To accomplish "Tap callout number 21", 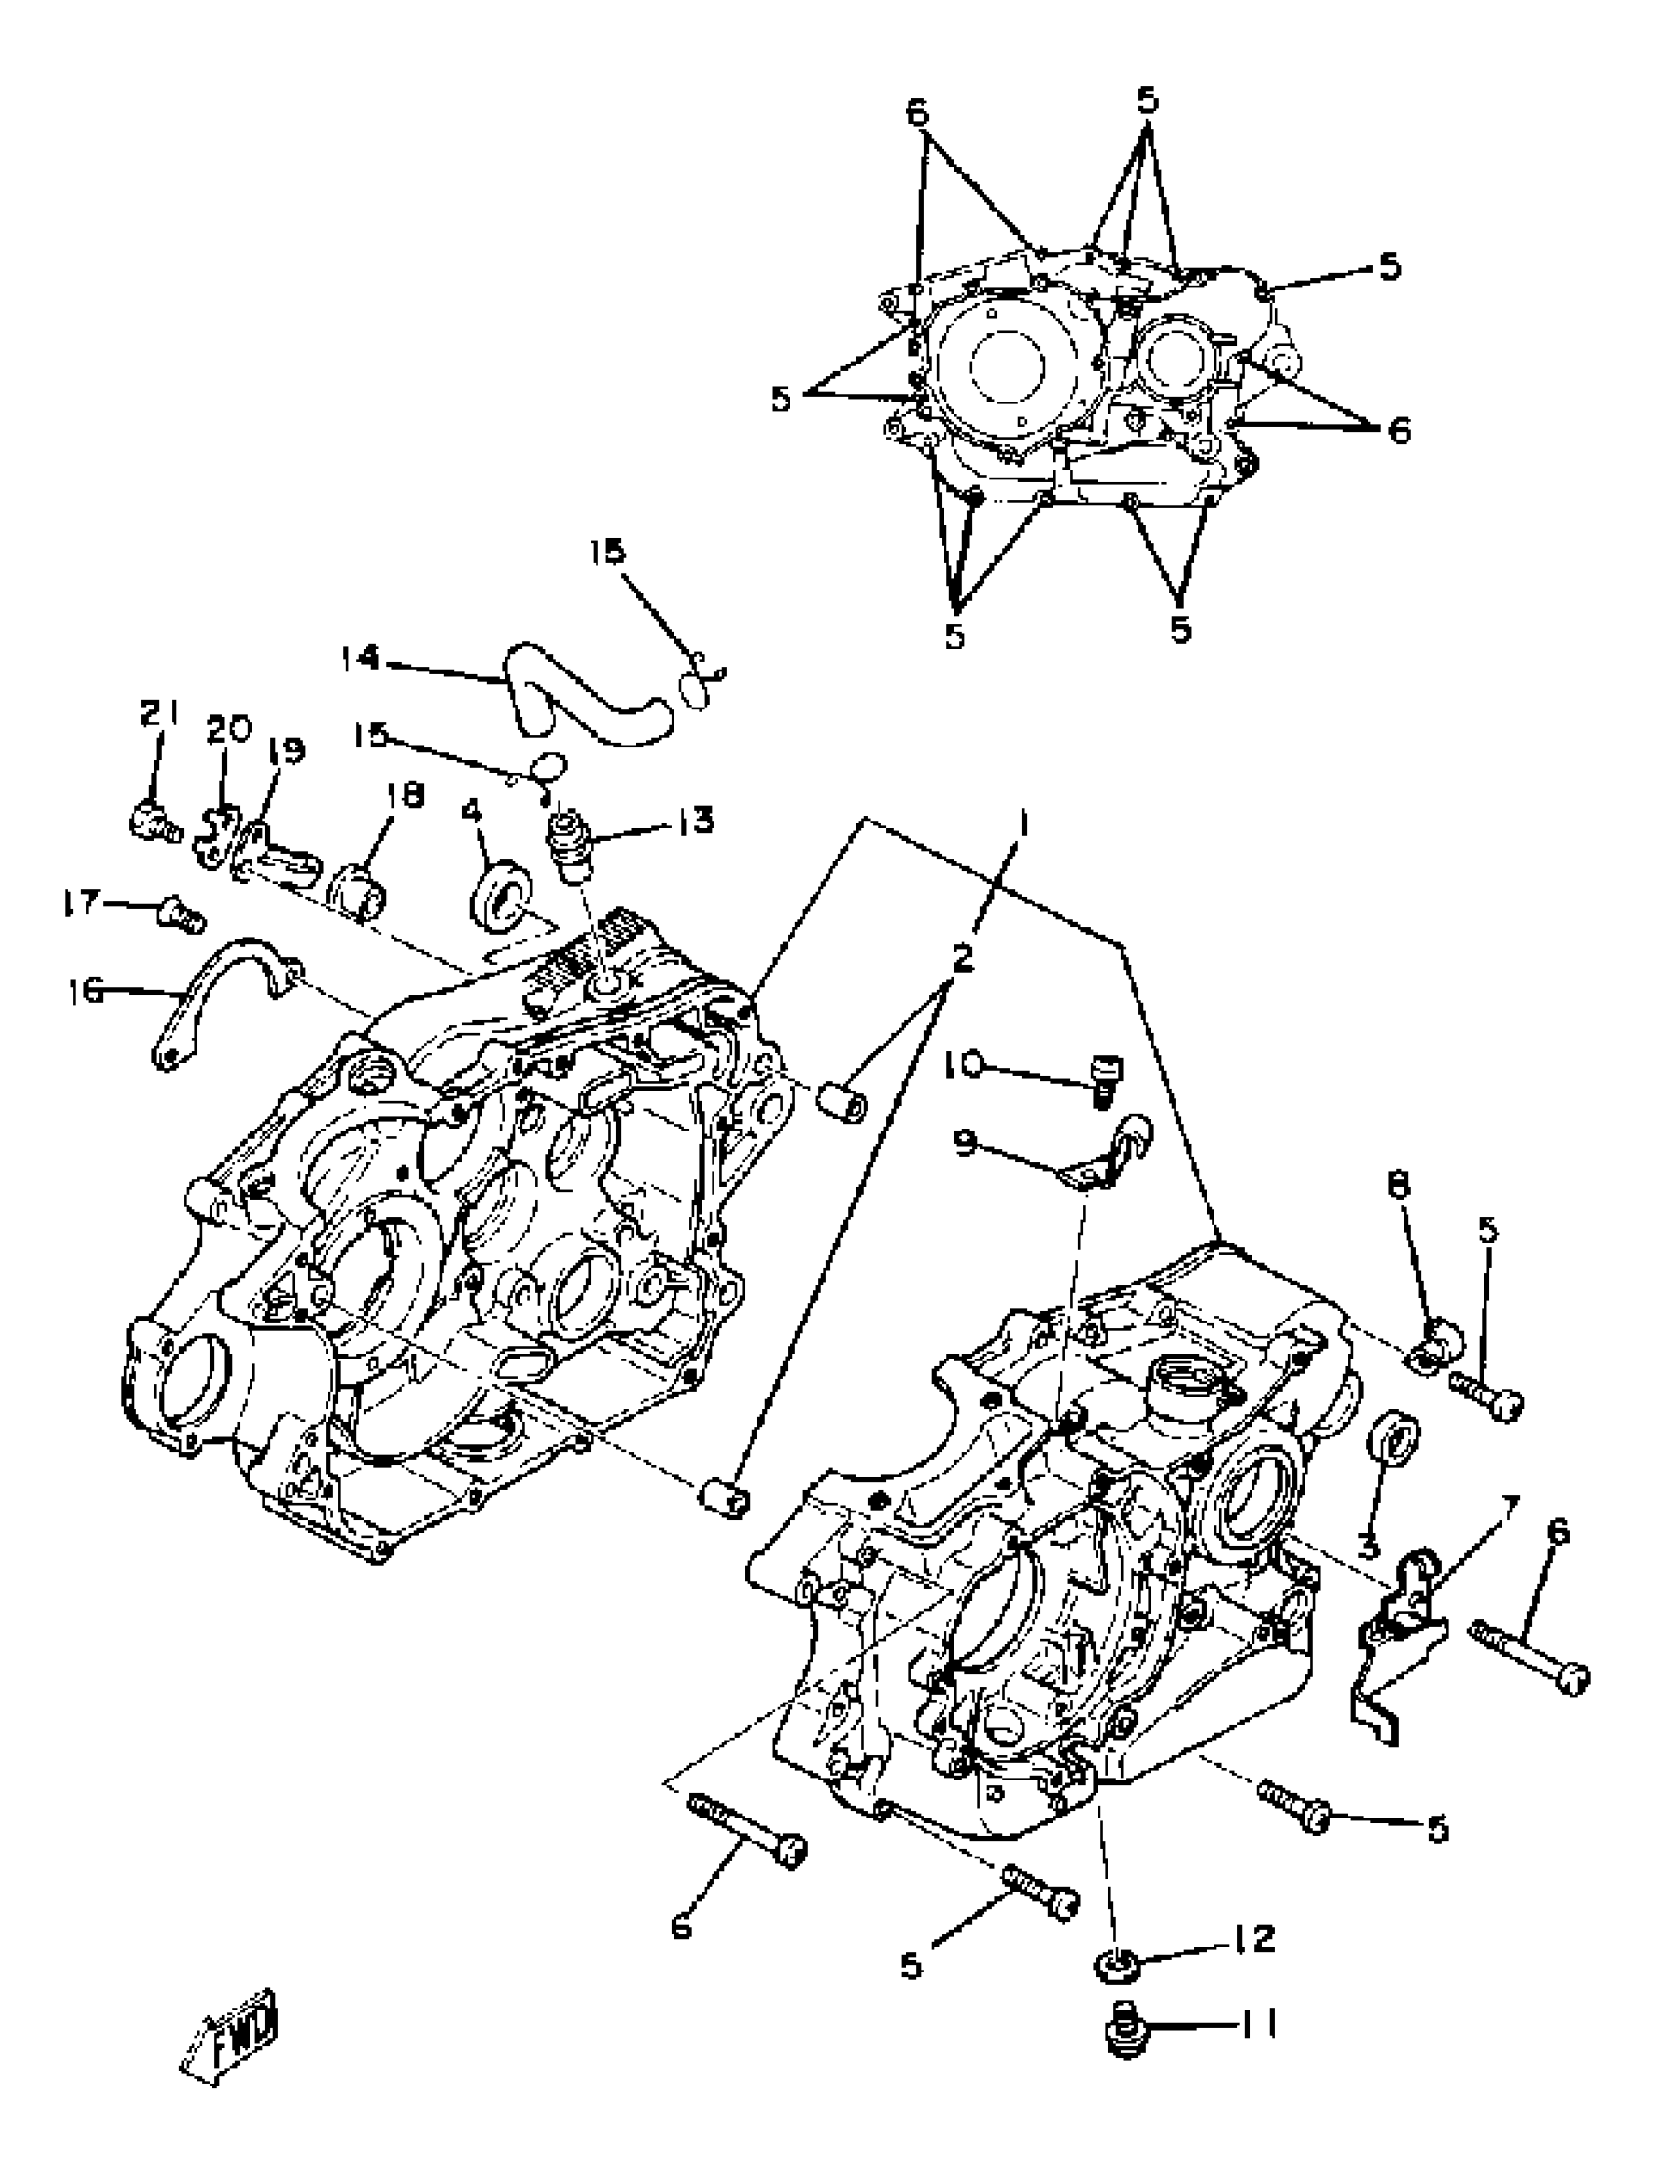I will pos(159,713).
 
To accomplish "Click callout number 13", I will pos(697,821).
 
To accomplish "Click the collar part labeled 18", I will pos(362,888).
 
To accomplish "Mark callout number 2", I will pos(961,956).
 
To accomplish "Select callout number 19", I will pos(287,750).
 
